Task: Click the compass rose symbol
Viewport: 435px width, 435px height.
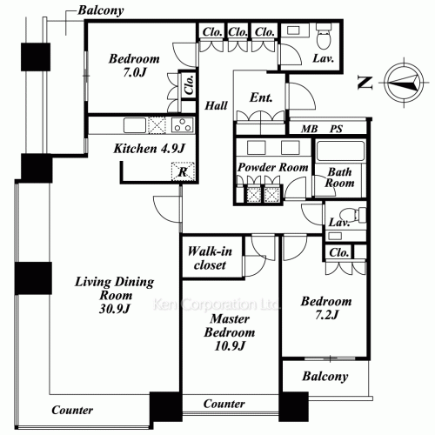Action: click(x=404, y=83)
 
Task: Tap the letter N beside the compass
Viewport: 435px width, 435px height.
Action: click(x=365, y=83)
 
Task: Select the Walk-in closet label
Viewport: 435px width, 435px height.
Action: click(x=210, y=258)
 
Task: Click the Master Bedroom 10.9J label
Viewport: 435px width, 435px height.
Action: click(x=230, y=332)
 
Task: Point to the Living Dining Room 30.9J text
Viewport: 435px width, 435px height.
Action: click(x=115, y=295)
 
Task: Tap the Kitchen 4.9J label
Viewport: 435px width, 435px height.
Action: click(x=149, y=149)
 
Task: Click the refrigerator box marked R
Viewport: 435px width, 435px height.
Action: click(x=183, y=171)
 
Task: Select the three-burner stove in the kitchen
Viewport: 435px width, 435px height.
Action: click(x=183, y=125)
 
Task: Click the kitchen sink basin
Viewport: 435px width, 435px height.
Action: click(x=135, y=125)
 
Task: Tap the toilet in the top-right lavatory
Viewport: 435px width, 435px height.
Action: click(x=324, y=37)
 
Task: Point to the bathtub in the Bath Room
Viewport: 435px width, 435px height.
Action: click(x=340, y=151)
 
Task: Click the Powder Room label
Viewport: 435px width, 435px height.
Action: click(x=273, y=167)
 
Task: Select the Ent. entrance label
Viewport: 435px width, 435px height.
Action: click(x=261, y=97)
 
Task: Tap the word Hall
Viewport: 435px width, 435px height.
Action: click(x=216, y=105)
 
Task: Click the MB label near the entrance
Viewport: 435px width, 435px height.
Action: click(x=309, y=129)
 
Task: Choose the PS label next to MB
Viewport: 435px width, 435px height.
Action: click(x=336, y=129)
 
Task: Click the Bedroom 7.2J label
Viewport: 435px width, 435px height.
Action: click(x=326, y=308)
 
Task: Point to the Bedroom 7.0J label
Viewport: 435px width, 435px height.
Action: click(x=134, y=65)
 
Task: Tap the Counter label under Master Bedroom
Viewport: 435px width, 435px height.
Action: click(x=224, y=404)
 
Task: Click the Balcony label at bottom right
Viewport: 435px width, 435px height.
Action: click(x=325, y=377)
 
